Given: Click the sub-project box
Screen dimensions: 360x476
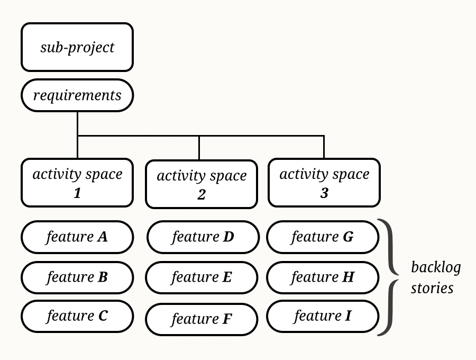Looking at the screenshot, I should (77, 47).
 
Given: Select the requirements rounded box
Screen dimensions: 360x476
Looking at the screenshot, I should (77, 95).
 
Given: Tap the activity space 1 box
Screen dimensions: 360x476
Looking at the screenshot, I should (77, 183).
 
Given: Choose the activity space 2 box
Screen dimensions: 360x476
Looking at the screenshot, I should (202, 184).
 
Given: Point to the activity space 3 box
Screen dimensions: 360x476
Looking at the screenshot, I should (324, 183).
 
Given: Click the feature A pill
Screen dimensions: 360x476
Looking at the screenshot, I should (77, 237).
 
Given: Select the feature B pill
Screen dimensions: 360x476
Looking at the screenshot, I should (77, 277).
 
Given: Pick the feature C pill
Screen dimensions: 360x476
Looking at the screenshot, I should (77, 316).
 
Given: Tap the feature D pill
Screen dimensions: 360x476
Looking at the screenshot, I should (203, 237).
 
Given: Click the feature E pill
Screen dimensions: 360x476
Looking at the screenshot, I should (202, 277).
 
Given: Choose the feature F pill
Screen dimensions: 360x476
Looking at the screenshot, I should (202, 319).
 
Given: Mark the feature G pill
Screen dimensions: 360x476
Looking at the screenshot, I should (323, 237).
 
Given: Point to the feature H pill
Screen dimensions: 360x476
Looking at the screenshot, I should (323, 277).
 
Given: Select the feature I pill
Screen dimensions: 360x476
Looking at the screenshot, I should (323, 316).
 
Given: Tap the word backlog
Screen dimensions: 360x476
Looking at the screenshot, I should (436, 267).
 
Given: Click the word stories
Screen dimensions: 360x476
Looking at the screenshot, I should (432, 288).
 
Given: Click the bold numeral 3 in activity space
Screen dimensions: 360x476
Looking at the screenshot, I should (324, 193).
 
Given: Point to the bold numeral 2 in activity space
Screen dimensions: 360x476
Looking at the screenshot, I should (202, 195).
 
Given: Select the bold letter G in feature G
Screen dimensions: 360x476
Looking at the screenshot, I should (348, 237).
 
